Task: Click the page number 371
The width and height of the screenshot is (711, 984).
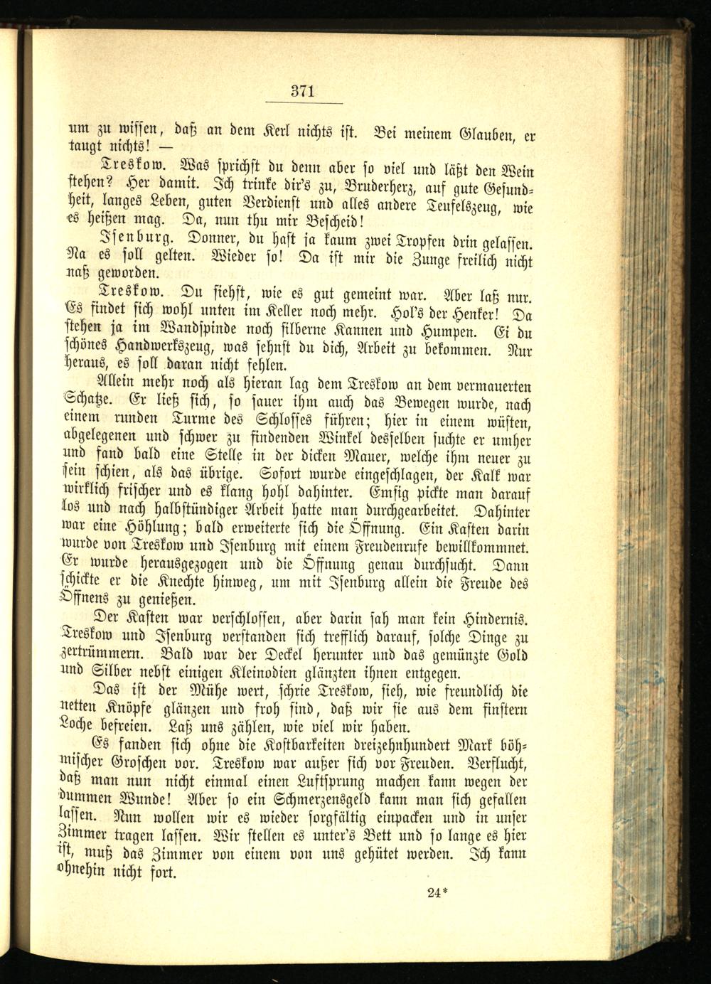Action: [x=302, y=91]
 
